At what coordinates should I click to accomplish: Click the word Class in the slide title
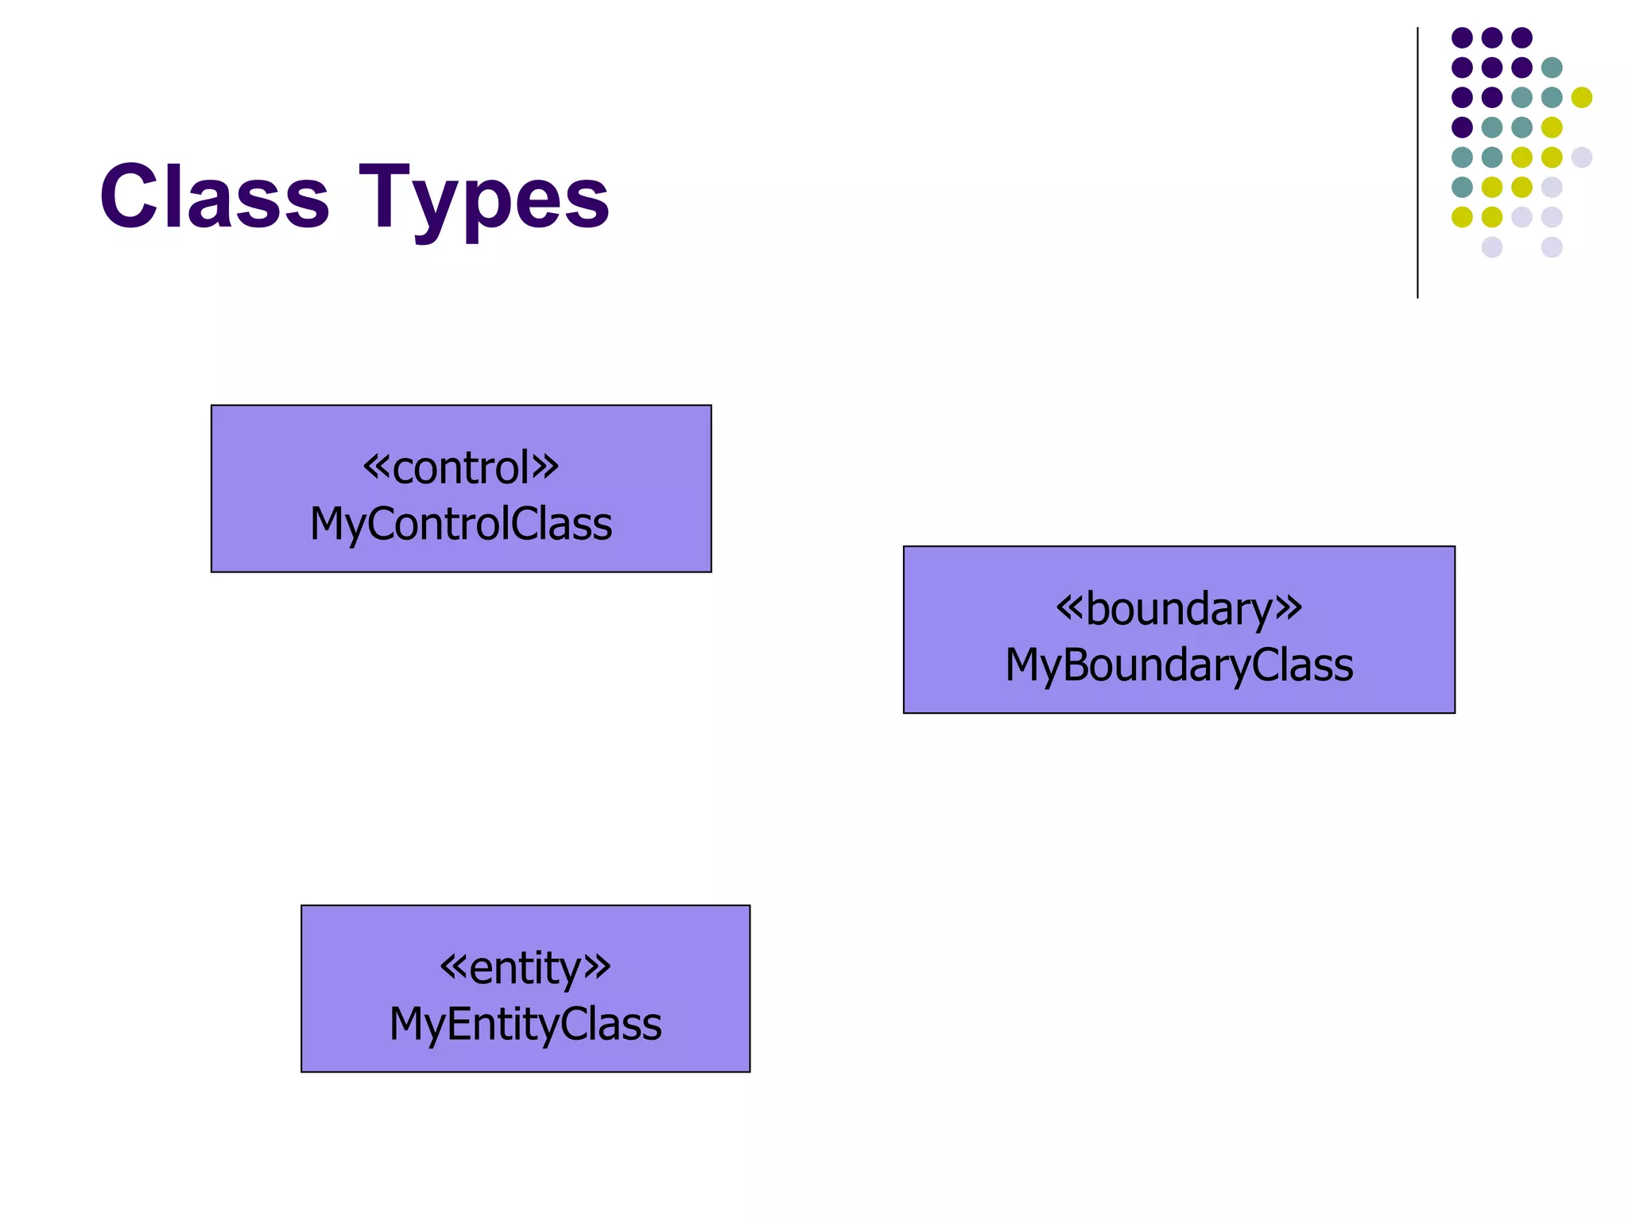[x=214, y=196]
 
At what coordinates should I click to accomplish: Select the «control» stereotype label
[x=461, y=467]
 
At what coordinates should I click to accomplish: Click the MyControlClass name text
[x=461, y=524]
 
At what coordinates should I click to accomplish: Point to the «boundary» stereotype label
[x=1179, y=609]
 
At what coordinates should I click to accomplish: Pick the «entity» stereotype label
[x=525, y=967]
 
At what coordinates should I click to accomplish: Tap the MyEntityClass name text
[x=525, y=1024]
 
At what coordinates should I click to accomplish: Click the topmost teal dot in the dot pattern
[x=1552, y=68]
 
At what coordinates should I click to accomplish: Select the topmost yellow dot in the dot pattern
[x=1582, y=97]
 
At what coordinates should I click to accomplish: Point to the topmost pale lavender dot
[x=1582, y=157]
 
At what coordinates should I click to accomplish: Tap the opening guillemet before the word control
[x=377, y=467]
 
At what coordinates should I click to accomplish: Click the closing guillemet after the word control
[x=545, y=467]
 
